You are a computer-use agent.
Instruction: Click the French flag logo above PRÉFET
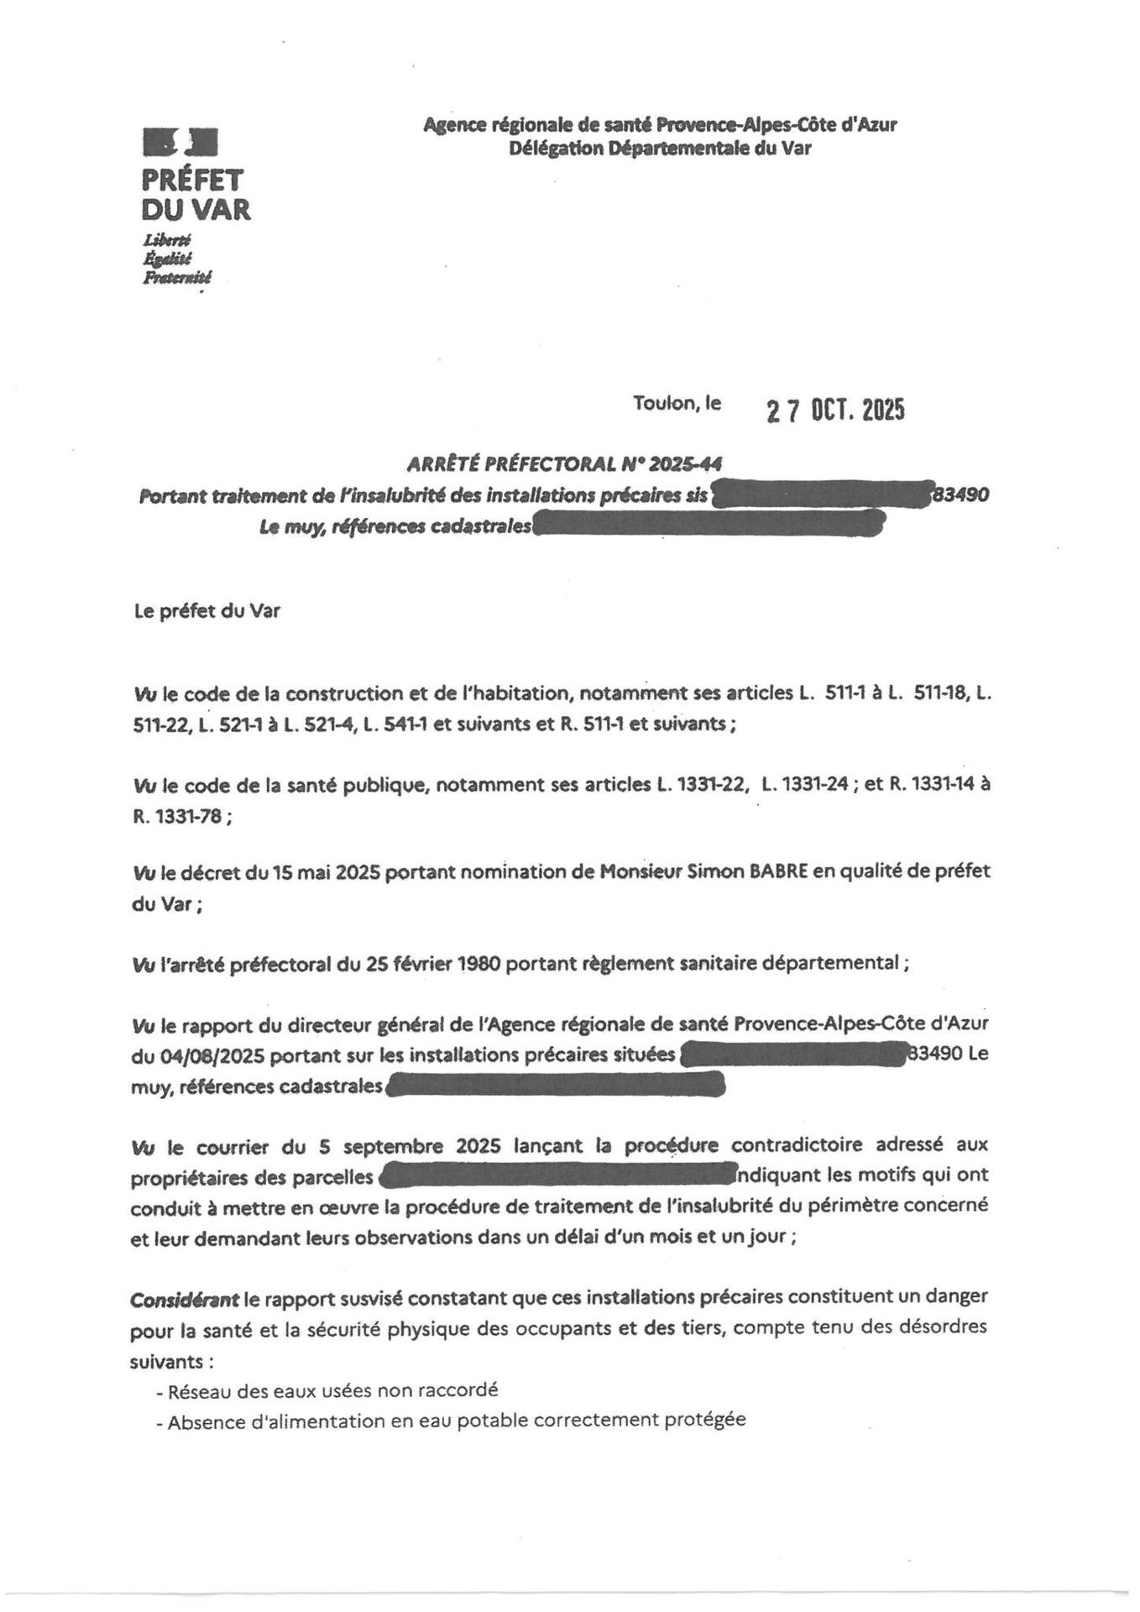click(180, 142)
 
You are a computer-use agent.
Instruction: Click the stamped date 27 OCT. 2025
click(835, 411)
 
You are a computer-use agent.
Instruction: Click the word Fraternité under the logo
click(177, 277)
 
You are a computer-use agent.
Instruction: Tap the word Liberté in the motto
click(168, 240)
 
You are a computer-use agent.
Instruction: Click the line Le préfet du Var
click(207, 611)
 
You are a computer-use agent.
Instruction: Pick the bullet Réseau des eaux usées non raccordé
click(327, 1390)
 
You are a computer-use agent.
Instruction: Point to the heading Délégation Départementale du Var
click(660, 149)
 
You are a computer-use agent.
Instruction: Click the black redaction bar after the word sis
click(821, 495)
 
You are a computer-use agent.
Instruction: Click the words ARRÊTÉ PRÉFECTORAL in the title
click(510, 463)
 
